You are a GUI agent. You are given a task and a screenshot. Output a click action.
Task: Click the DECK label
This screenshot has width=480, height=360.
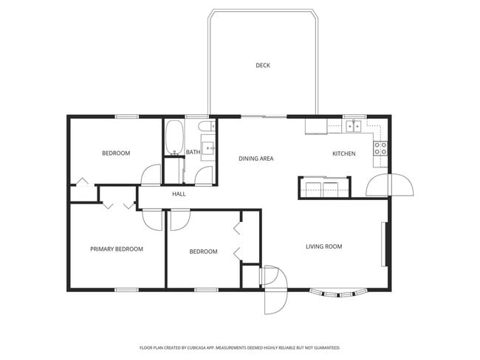pyautogui.click(x=263, y=66)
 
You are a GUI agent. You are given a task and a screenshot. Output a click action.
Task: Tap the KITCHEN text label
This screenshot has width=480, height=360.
pyautogui.click(x=344, y=153)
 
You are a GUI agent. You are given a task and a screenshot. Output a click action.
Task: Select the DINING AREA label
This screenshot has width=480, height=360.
pyautogui.click(x=256, y=159)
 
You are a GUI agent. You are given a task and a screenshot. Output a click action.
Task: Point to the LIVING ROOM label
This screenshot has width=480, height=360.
pyautogui.click(x=323, y=246)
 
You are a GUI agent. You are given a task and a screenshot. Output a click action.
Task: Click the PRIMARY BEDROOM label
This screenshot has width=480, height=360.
pyautogui.click(x=117, y=249)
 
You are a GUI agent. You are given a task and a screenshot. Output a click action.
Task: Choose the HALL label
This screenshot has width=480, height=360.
pyautogui.click(x=179, y=194)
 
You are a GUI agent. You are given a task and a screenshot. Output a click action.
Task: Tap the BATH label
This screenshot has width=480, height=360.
pyautogui.click(x=193, y=153)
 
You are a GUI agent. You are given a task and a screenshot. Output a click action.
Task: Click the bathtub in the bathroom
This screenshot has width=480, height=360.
pyautogui.click(x=174, y=138)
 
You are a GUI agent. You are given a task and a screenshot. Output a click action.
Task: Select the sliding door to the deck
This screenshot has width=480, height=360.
pyautogui.click(x=264, y=117)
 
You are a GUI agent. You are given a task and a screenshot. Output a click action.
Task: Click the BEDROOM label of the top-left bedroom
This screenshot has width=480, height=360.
pyautogui.click(x=116, y=153)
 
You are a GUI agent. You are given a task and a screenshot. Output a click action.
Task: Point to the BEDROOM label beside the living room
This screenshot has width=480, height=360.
pyautogui.click(x=203, y=252)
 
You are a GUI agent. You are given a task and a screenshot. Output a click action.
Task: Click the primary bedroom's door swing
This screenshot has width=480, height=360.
pyautogui.click(x=152, y=220)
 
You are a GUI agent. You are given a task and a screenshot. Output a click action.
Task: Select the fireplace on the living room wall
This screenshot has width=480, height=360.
pyautogui.click(x=384, y=244)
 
